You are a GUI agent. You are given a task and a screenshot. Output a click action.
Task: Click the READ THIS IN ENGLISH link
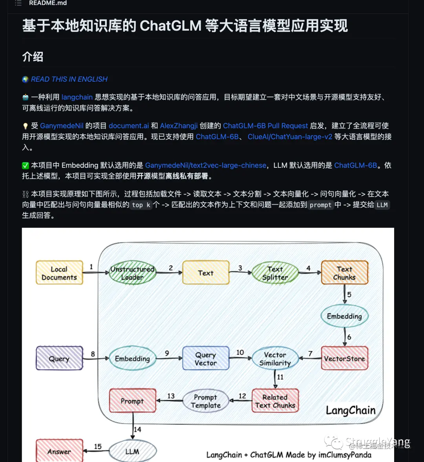(x=69, y=79)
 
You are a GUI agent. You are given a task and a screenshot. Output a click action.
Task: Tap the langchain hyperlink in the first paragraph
(x=77, y=97)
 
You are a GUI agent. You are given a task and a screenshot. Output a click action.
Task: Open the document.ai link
(x=129, y=126)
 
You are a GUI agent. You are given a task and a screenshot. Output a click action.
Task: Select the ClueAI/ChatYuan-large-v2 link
(x=290, y=137)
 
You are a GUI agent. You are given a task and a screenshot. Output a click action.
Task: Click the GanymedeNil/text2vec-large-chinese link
(x=206, y=165)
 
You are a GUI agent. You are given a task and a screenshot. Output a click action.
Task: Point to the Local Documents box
(x=59, y=273)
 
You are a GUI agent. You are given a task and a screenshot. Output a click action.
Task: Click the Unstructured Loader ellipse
(x=132, y=273)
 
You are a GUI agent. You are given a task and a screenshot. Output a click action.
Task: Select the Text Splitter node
(x=275, y=273)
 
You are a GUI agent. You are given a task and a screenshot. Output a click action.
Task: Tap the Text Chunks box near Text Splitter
(x=344, y=273)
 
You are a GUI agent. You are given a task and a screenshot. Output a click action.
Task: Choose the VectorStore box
(x=344, y=358)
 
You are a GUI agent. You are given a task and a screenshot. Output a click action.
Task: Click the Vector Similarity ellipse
(x=275, y=358)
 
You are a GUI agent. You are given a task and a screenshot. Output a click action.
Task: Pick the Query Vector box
(x=205, y=358)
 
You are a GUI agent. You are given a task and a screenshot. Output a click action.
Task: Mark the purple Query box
(x=59, y=358)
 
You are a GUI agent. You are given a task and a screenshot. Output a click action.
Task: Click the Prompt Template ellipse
(x=205, y=401)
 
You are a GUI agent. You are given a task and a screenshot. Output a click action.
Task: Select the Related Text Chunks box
(x=275, y=401)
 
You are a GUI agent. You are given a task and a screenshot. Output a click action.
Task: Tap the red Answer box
(x=59, y=451)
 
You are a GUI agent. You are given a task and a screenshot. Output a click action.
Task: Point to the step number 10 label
(x=240, y=352)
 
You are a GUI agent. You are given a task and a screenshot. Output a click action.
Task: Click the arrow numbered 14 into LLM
(x=133, y=429)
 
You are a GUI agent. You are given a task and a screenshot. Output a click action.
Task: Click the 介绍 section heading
(x=33, y=57)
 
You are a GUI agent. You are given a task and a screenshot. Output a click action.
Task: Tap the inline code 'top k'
(x=141, y=205)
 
